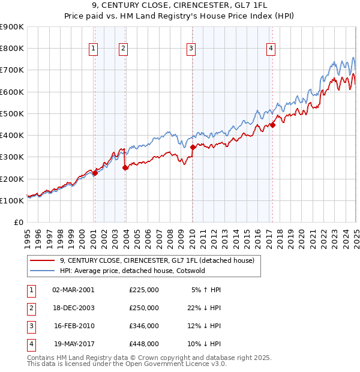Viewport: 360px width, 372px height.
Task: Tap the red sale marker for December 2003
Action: click(125, 168)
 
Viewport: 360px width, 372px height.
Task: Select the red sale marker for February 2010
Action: click(193, 147)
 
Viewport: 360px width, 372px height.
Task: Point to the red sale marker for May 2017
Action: click(272, 125)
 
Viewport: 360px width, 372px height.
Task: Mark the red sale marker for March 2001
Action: click(95, 173)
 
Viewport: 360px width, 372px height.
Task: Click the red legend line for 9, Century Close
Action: click(42, 260)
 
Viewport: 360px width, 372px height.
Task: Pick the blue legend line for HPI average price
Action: click(42, 271)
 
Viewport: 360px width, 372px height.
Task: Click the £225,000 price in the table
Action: click(144, 289)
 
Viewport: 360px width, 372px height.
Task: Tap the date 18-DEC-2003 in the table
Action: click(74, 307)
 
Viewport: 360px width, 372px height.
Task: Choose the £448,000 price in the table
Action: click(144, 344)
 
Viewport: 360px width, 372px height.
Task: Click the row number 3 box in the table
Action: click(31, 326)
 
